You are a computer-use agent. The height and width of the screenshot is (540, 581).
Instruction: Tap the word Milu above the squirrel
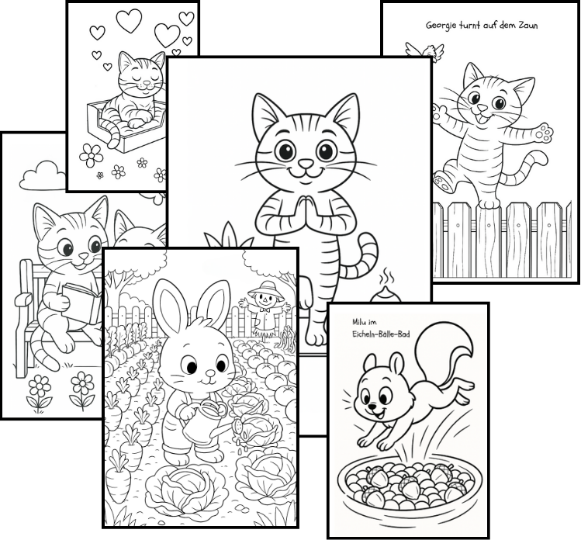coord(359,323)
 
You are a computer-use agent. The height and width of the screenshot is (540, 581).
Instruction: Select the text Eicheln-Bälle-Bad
coord(382,334)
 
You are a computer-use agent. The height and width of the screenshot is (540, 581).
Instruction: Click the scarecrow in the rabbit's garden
coord(265,307)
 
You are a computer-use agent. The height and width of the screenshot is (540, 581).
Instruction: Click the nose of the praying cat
coord(306,163)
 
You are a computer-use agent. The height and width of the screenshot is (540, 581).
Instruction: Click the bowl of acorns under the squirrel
coord(410,483)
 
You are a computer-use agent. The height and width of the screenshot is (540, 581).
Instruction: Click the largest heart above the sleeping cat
coord(129,20)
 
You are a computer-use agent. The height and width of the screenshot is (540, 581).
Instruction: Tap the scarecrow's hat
coord(265,288)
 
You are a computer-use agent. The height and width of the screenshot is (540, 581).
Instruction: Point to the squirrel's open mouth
coord(379,414)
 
